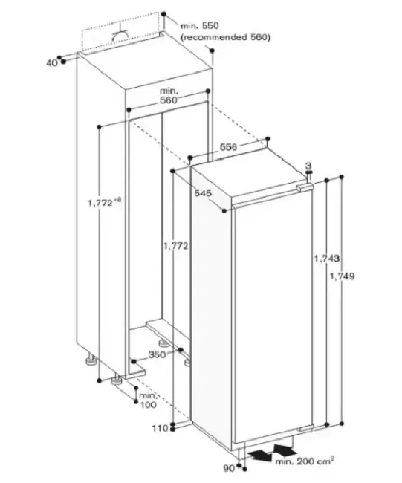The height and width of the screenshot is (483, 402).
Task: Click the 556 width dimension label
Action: (x=228, y=147)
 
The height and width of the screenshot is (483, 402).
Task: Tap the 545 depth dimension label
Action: (x=203, y=193)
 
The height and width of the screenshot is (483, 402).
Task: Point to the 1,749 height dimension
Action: (x=342, y=276)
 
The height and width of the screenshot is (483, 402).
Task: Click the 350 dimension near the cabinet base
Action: (x=157, y=354)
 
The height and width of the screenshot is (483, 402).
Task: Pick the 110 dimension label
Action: (x=161, y=428)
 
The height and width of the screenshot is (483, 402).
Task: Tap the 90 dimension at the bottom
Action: (x=229, y=469)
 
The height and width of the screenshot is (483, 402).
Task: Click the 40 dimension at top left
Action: (x=52, y=63)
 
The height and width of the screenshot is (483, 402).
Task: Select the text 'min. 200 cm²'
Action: (x=305, y=461)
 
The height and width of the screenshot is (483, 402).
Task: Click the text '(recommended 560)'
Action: (x=225, y=37)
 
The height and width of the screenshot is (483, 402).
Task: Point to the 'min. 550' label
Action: (x=199, y=25)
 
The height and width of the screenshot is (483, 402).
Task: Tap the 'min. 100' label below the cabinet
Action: (x=148, y=400)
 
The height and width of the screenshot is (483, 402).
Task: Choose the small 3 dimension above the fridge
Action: (x=308, y=166)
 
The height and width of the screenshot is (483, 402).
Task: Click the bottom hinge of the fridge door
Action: (x=306, y=428)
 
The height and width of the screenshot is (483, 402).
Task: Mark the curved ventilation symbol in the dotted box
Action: (x=120, y=34)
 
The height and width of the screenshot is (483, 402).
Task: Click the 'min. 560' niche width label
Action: (x=169, y=96)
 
